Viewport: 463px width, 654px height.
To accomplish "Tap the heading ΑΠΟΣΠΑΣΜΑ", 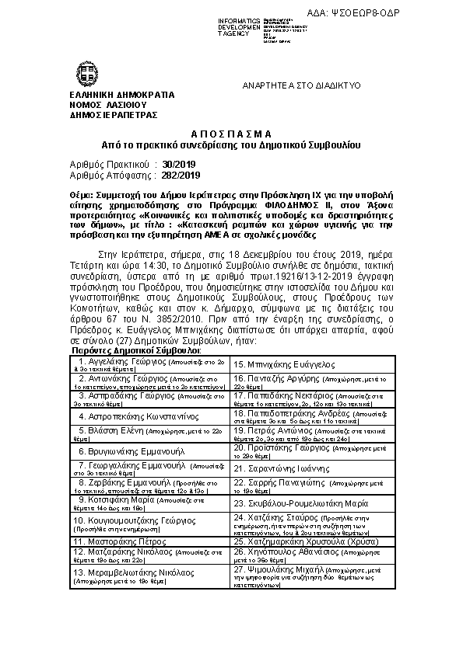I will point(231,134).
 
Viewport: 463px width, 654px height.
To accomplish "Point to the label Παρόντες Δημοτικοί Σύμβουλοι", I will point(138,351).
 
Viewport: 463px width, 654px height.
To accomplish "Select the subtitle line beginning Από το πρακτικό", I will point(231,145).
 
